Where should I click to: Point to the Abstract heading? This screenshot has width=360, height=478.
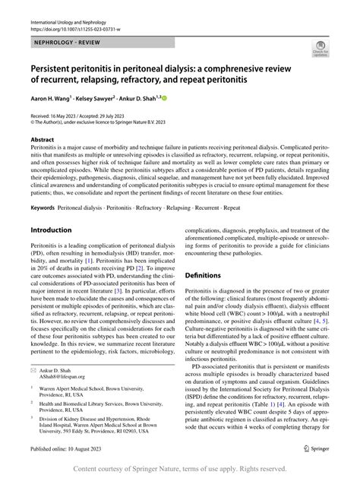click(43, 141)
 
